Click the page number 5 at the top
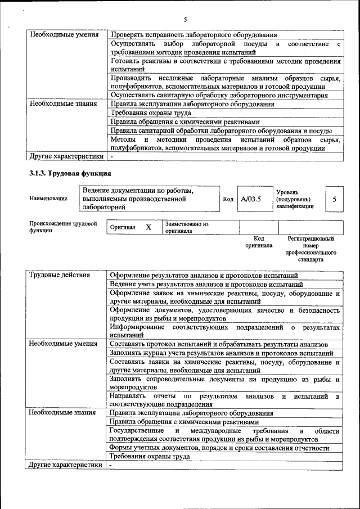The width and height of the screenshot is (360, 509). (184, 20)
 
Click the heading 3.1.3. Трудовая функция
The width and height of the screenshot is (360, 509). (70, 173)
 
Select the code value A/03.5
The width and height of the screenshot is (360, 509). (251, 199)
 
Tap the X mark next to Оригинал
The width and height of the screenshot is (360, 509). (148, 227)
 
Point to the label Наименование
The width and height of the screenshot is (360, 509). (48, 199)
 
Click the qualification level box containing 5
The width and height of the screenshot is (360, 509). (334, 199)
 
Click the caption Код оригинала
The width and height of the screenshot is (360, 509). (259, 242)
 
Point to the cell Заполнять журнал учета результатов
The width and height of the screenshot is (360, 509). (221, 353)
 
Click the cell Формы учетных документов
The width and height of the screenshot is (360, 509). (219, 448)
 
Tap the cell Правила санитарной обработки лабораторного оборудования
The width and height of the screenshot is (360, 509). (220, 131)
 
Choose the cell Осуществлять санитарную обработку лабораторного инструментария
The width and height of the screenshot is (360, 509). (219, 95)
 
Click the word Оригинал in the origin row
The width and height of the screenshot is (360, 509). (123, 227)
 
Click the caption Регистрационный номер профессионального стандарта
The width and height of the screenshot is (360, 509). (311, 249)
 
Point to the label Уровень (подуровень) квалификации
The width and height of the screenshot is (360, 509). (293, 199)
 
